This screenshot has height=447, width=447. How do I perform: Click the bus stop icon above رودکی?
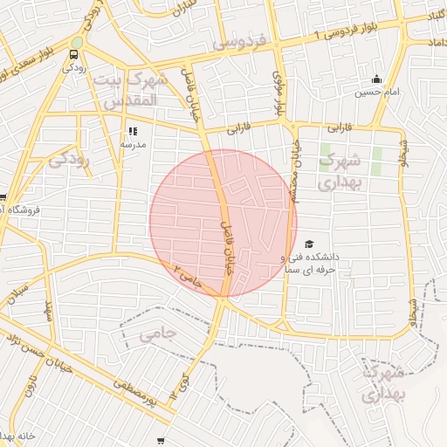73,55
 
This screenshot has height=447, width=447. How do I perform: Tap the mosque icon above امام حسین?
376,79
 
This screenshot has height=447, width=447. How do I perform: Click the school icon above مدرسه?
133,131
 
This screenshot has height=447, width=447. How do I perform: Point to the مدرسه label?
133,144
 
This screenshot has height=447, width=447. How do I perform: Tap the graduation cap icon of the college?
309,244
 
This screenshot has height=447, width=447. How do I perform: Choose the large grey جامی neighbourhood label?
158,334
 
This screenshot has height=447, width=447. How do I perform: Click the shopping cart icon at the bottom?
160,441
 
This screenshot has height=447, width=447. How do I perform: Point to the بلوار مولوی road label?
277,97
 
